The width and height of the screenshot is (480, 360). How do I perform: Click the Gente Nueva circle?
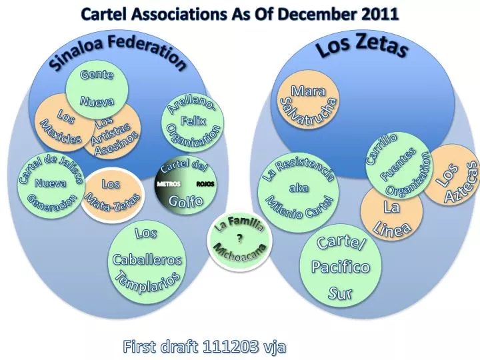(97, 89)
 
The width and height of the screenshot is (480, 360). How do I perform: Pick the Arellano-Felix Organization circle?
(193, 122)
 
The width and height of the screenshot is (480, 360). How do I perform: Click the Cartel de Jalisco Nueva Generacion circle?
(51, 185)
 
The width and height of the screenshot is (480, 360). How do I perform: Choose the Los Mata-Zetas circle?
(112, 195)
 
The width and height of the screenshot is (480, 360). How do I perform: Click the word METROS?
(169, 184)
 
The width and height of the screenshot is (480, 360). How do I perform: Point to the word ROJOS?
(205, 184)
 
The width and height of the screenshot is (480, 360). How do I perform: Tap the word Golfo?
(186, 201)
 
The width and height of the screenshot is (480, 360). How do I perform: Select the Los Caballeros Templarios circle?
(147, 260)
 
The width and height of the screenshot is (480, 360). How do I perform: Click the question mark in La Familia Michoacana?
(239, 237)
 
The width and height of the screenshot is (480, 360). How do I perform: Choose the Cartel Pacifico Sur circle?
(341, 267)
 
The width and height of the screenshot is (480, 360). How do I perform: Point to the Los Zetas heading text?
(363, 47)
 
